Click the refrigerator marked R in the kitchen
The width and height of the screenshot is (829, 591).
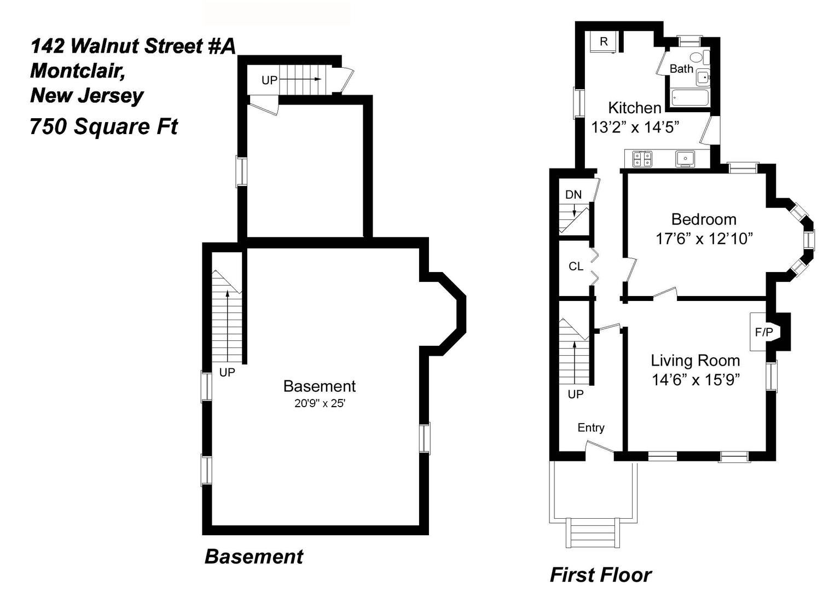[603, 42]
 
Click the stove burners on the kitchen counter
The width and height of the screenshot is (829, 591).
[642, 159]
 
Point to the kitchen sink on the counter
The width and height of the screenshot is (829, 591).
[685, 159]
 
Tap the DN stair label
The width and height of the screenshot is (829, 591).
[573, 195]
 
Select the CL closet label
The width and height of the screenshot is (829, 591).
[576, 266]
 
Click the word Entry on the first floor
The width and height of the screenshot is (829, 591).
[591, 428]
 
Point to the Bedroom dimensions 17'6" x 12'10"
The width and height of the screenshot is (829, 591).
[704, 239]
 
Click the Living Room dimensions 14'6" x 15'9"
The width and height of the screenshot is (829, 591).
[695, 380]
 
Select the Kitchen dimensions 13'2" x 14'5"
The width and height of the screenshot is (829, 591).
[635, 128]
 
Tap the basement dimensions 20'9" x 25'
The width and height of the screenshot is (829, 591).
[320, 403]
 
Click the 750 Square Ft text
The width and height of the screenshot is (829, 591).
[103, 126]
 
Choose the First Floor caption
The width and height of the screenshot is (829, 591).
[601, 575]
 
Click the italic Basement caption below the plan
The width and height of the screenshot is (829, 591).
[254, 557]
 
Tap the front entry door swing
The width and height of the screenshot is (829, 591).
[600, 447]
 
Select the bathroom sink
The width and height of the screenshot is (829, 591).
[703, 77]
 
